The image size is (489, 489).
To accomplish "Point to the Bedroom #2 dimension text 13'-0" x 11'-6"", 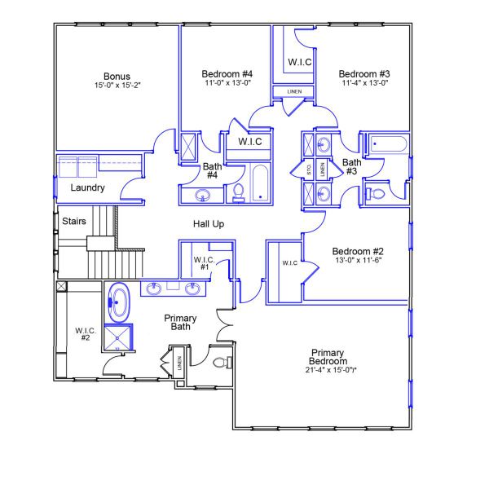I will click(358, 260).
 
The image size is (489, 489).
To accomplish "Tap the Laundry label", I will click(87, 188).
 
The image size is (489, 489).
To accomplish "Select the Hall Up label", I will click(209, 223).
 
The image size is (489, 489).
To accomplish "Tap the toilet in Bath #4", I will click(239, 192).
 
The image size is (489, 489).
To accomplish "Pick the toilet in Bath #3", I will click(377, 193).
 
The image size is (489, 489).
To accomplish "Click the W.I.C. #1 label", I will click(203, 263).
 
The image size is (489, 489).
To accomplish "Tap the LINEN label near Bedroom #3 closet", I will click(293, 92).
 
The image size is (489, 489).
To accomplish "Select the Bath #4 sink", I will click(203, 195).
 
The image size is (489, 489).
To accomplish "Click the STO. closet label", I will click(309, 170).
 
